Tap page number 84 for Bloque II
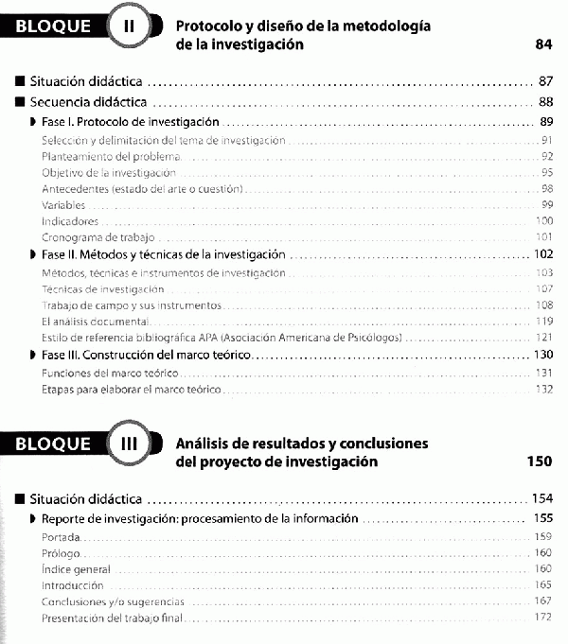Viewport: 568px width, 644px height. point(542,44)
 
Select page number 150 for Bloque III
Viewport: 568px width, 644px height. point(538,461)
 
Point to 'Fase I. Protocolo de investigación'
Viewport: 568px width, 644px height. point(131,122)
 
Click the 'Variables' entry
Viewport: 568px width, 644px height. point(63,204)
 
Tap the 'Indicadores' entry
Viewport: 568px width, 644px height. point(70,220)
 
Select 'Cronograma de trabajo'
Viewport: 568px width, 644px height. point(98,236)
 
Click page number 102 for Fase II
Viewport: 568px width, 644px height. point(542,254)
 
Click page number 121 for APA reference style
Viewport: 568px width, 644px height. point(543,338)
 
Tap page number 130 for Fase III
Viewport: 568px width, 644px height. point(542,355)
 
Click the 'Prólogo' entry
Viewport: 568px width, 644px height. point(62,553)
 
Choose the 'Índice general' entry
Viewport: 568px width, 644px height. point(76,569)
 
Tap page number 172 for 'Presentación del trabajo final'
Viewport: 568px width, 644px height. point(543,618)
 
